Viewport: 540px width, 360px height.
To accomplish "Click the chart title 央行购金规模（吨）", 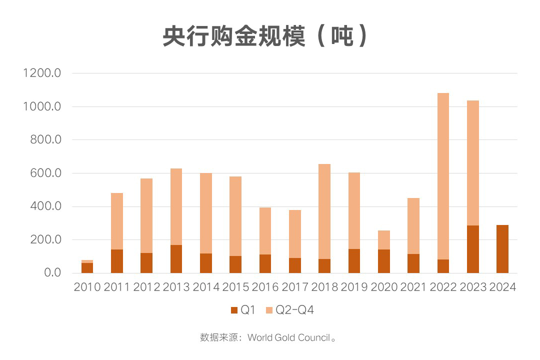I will click(265, 36).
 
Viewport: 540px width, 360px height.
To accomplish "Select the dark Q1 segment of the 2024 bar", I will click(502, 249).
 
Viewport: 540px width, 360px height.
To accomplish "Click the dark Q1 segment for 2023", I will click(472, 249).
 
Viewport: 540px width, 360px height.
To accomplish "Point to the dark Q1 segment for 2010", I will click(87, 268).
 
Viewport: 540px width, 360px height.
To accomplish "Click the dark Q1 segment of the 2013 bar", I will click(176, 259).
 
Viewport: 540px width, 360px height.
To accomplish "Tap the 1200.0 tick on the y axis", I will click(42, 73).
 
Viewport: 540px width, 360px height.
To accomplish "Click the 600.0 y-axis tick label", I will click(44, 173).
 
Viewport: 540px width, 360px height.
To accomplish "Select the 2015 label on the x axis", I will click(235, 287).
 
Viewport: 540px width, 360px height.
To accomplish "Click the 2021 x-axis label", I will click(413, 287).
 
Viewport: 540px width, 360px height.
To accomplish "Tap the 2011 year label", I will click(116, 287).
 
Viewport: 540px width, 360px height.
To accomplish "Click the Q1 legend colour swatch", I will click(234, 310).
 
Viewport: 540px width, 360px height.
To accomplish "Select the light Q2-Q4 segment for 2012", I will click(146, 215).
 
